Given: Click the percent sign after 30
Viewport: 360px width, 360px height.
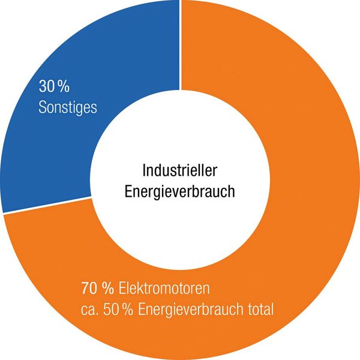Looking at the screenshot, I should pyautogui.click(x=65, y=88).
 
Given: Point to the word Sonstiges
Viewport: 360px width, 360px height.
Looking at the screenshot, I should pyautogui.click(x=68, y=108).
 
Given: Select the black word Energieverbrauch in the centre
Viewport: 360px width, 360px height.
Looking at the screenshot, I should pyautogui.click(x=179, y=192).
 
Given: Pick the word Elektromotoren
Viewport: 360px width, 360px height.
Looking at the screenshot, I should pyautogui.click(x=163, y=289).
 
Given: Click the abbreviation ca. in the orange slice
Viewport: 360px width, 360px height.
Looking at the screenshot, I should pyautogui.click(x=89, y=310).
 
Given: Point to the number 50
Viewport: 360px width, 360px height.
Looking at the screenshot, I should pyautogui.click(x=112, y=310).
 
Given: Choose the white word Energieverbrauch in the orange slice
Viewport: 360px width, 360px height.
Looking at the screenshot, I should pyautogui.click(x=193, y=310).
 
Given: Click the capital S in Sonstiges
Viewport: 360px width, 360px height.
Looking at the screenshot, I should pyautogui.click(x=43, y=108).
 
